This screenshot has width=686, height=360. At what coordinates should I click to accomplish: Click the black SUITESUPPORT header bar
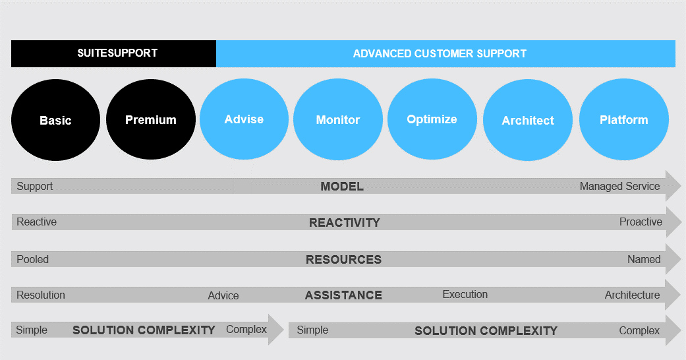(113, 53)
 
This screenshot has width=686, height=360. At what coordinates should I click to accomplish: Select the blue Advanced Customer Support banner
(445, 53)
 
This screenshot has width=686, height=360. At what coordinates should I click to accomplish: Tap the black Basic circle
(55, 121)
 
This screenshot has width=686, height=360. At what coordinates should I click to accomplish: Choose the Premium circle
(150, 120)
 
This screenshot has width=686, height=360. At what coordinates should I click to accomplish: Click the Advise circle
(244, 119)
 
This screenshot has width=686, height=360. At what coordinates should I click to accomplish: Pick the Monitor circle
(337, 120)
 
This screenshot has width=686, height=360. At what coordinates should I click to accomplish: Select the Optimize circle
(432, 119)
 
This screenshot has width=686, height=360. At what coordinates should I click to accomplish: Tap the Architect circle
(527, 121)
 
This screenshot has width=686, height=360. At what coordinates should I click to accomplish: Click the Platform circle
(623, 120)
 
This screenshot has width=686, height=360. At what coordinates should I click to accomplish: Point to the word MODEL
(341, 187)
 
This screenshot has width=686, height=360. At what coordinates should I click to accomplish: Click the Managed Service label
(619, 186)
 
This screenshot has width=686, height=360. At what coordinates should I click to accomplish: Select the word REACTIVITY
(344, 223)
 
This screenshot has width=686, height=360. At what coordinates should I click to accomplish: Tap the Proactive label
(641, 222)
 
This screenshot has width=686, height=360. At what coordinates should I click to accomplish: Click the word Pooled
(33, 259)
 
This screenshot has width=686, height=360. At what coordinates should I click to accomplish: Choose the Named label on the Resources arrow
(644, 259)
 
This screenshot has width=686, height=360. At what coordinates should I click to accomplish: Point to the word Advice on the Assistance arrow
(223, 295)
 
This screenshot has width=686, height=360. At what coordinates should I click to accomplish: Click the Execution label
(465, 294)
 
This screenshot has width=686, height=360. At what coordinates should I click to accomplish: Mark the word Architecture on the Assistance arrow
(632, 295)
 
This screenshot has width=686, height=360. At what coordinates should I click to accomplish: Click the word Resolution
(41, 295)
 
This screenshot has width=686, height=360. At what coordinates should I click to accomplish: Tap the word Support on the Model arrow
(35, 186)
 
